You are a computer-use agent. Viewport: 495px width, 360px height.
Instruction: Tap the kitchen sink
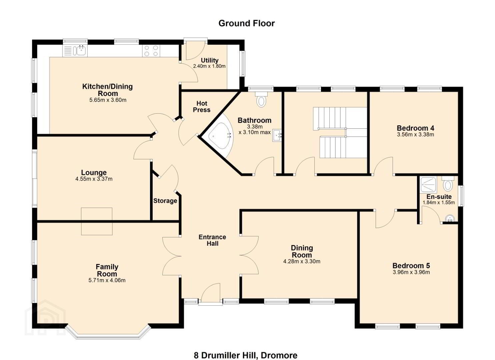tap(75, 51)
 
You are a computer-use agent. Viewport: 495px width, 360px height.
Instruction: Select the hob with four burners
tap(151, 51)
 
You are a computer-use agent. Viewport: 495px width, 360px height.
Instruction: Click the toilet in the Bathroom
tap(261, 99)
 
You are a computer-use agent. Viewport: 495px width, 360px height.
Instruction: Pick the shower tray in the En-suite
tap(428, 184)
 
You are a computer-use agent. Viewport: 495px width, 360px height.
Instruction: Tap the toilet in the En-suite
tap(448, 184)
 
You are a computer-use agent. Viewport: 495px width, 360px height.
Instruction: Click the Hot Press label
tap(202, 107)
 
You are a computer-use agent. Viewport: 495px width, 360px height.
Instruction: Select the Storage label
tap(165, 201)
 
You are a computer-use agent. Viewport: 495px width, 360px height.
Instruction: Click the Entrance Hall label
tap(212, 240)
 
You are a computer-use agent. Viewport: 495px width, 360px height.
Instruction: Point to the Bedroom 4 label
tap(415, 128)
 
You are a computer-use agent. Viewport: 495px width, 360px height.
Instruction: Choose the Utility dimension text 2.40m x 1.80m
tap(209, 66)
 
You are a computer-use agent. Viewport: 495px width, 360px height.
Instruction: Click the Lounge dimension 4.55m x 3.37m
tap(94, 179)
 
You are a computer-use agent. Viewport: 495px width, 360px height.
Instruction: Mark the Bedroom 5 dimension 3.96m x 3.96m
tap(411, 272)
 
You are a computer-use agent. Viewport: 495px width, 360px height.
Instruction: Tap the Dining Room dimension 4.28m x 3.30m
tap(302, 261)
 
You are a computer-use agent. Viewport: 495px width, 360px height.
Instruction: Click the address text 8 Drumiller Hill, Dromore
tap(246, 349)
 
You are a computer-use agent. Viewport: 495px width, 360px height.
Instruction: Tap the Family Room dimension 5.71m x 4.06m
tap(107, 280)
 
